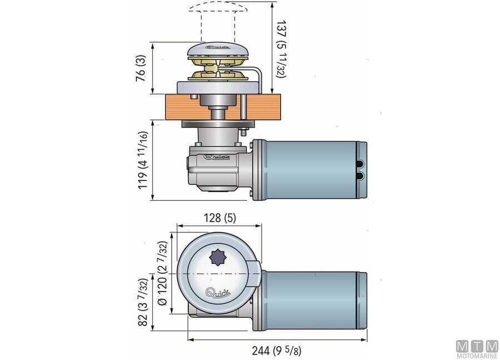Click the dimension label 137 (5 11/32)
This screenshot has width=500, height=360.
pyautogui.click(x=281, y=49)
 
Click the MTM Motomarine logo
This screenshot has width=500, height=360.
pyautogui.click(x=477, y=349)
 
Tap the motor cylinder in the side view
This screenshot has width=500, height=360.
pyautogui.click(x=310, y=169)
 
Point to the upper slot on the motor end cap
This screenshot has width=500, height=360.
pyautogui.click(x=362, y=163)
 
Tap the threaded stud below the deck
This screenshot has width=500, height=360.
pyautogui.click(x=243, y=133)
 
